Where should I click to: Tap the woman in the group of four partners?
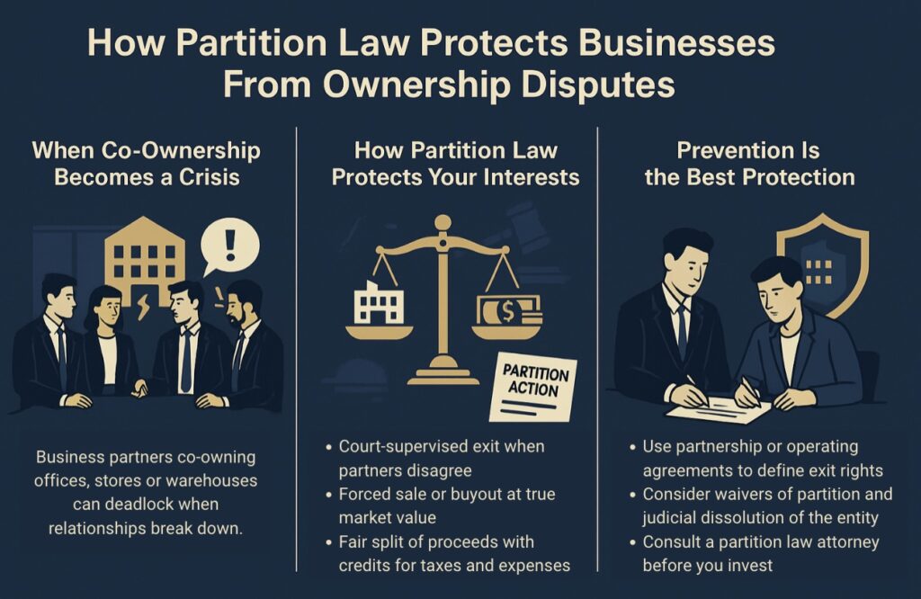[x=106, y=342]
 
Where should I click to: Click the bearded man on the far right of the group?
[x=250, y=346]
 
